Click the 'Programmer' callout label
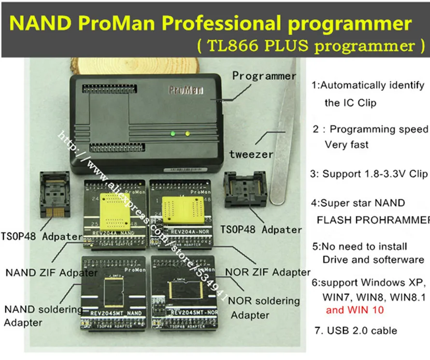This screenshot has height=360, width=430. (264, 76)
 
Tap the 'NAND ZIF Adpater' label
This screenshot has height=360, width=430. (51, 273)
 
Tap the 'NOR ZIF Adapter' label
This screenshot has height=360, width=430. (267, 273)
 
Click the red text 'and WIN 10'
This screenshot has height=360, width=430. (355, 310)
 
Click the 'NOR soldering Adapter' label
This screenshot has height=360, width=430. (264, 308)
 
